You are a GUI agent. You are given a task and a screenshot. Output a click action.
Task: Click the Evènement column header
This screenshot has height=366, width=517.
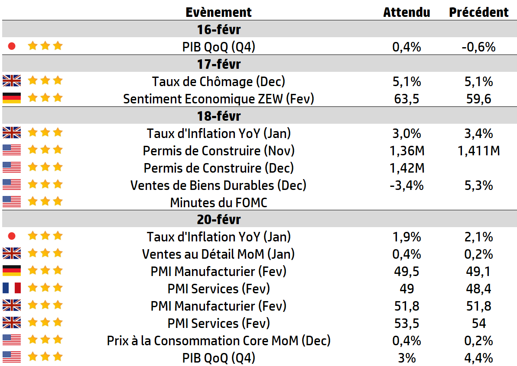click(218, 12)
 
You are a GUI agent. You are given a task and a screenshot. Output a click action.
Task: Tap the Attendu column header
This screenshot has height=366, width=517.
click(406, 12)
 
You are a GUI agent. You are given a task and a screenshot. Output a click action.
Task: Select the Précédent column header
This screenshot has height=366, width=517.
click(478, 12)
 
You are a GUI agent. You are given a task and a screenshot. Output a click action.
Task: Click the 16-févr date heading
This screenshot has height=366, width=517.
click(218, 30)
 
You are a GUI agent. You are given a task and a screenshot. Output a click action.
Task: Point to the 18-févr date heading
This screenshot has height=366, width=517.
click(218, 116)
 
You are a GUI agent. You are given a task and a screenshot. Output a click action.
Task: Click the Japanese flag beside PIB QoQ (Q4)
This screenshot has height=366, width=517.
click(12, 46)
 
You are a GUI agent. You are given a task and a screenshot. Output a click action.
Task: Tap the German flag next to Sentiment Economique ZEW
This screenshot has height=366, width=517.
click(12, 98)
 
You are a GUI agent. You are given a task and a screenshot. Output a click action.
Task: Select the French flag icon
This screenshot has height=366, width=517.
click(12, 288)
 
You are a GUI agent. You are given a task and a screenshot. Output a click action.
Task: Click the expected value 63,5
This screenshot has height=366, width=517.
click(406, 99)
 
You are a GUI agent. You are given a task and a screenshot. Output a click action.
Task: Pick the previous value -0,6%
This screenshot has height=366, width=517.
click(478, 47)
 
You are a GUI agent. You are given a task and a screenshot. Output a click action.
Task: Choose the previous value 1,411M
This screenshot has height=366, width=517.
click(478, 151)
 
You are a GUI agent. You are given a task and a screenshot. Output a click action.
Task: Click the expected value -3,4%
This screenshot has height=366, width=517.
click(406, 185)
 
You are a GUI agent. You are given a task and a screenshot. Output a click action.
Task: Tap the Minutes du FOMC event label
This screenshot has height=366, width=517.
click(218, 202)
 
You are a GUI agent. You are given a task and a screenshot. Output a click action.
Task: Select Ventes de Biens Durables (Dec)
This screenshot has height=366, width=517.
click(218, 185)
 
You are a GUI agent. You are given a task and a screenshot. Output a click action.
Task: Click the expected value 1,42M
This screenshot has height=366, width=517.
click(406, 168)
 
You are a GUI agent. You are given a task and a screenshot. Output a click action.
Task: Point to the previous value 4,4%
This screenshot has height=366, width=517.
click(478, 358)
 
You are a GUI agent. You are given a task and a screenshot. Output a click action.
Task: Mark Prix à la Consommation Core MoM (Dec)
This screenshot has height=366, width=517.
click(218, 340)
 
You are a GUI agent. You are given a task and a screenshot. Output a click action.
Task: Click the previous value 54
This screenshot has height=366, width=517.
click(478, 323)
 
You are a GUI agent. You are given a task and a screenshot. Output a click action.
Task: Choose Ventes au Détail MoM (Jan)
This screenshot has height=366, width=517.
click(218, 254)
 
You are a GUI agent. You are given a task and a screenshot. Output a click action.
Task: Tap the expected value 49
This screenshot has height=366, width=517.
click(406, 289)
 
